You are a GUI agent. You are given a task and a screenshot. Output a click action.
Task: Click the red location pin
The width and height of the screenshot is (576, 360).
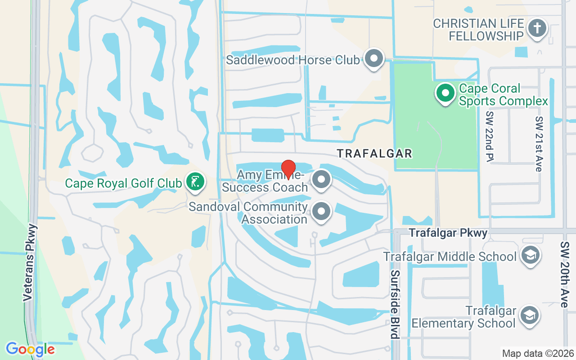pos(288,169)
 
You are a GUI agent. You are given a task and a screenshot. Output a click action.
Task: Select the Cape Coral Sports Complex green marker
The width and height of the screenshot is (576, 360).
pos(445,93)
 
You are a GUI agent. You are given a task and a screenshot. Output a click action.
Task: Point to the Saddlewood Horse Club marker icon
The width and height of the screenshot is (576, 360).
pos(373,58)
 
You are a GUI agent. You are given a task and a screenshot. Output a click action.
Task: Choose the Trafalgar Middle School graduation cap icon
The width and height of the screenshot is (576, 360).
pos(530,255)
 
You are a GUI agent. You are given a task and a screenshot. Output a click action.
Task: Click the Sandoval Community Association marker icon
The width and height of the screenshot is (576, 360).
pos(321,211)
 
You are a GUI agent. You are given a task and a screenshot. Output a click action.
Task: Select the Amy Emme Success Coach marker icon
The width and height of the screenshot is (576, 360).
pos(321,179)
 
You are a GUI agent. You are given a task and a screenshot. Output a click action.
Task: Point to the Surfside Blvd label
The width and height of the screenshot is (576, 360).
pos(395,304)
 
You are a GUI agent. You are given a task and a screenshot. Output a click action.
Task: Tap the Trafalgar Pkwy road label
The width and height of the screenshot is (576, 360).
pos(448,233)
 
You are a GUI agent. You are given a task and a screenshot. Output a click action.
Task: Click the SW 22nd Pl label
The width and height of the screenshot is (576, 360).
pos(490,136)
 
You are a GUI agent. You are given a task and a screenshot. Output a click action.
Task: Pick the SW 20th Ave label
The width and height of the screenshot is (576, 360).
pos(564,274)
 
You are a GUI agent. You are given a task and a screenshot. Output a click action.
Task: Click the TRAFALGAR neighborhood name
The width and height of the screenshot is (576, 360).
pos(375,153)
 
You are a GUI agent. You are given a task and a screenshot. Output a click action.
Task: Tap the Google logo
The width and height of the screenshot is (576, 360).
pos(30,349)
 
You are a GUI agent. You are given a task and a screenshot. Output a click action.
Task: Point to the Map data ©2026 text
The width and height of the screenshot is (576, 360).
pos(537,353)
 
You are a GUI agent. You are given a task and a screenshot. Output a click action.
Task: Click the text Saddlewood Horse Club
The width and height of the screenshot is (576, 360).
pos(293,60)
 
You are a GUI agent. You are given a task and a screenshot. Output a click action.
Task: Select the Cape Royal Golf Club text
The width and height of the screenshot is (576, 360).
pos(123,183)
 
